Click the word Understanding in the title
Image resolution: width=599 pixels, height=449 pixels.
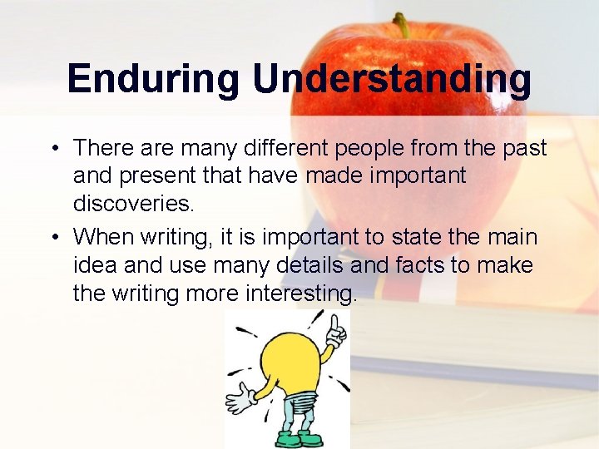coord(392,80)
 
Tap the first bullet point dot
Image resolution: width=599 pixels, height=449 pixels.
coord(52,149)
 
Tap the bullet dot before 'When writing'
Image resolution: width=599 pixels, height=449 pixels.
coord(52,238)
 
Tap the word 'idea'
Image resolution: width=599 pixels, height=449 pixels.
coord(96,265)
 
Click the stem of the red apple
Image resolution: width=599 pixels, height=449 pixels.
coord(402,24)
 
